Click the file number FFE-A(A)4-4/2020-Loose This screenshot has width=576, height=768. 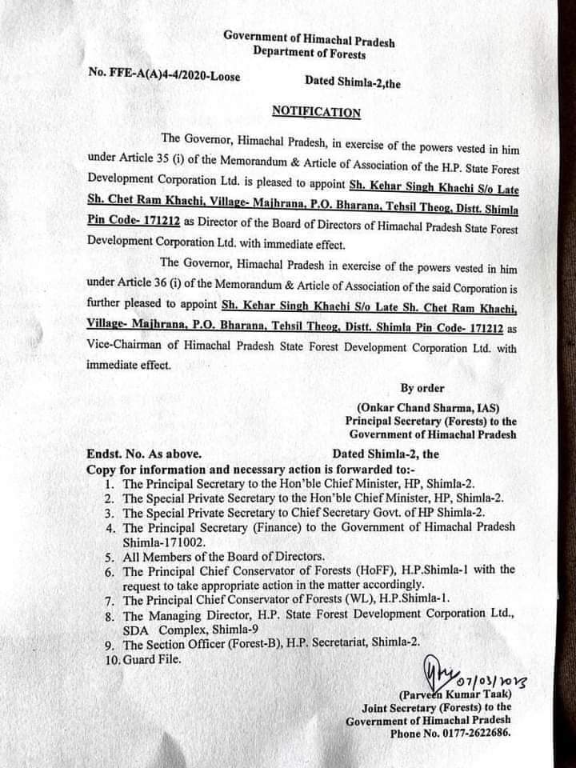[x=164, y=74]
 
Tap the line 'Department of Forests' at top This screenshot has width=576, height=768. [x=309, y=54]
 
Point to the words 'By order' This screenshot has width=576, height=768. [x=422, y=388]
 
